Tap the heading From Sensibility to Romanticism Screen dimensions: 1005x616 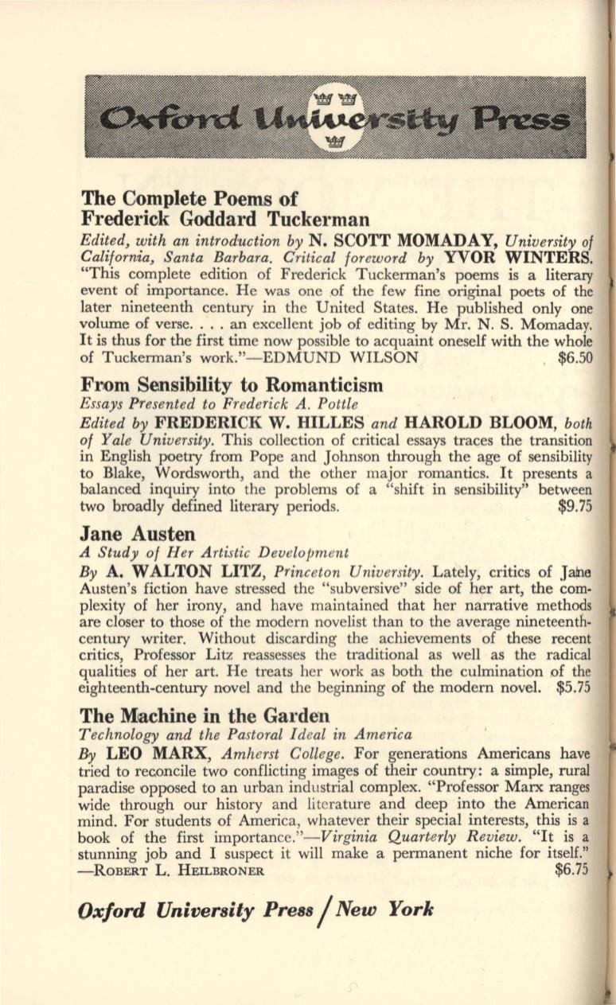pyautogui.click(x=232, y=386)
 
